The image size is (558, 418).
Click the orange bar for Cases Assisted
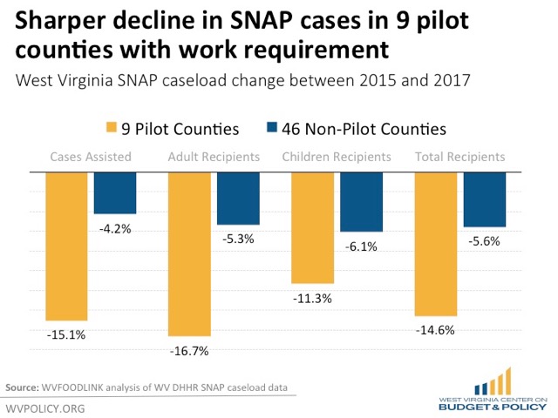click(x=66, y=246)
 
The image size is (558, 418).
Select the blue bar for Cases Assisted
click(x=114, y=192)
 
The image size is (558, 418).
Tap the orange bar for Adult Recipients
click(x=189, y=253)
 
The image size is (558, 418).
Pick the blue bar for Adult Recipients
click(x=238, y=199)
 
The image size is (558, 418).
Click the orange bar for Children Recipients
click(x=313, y=227)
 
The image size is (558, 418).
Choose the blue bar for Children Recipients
click(x=361, y=202)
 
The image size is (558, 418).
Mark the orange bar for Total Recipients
click(x=436, y=244)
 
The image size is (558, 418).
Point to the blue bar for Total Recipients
click(x=485, y=199)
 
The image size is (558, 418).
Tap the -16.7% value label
click(x=190, y=351)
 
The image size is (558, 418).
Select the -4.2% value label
click(x=115, y=229)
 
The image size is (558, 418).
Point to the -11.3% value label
click(x=313, y=299)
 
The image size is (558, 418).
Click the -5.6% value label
click(x=485, y=242)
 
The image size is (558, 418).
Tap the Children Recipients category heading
click(x=337, y=158)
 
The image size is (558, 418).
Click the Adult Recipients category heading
click(x=214, y=158)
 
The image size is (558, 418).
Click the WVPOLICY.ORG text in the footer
click(x=44, y=408)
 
